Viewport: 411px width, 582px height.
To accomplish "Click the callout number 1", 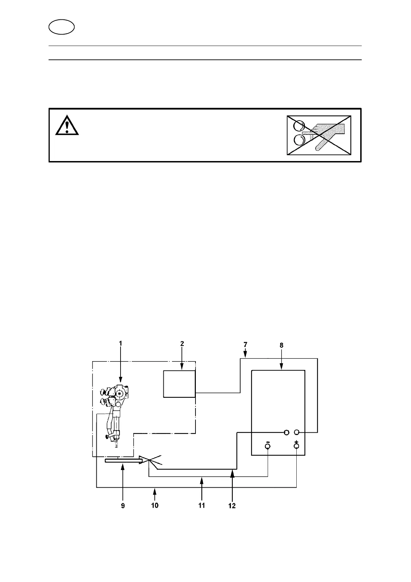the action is [121, 344].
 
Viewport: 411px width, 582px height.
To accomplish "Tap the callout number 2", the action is [182, 344].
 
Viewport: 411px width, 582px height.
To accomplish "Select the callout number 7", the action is [245, 345].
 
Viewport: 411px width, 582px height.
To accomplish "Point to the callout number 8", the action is [281, 345].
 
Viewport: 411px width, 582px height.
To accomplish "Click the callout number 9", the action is [123, 506].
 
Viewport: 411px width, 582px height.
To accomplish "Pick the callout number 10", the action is [155, 505].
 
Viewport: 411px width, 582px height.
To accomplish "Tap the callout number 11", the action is [202, 505].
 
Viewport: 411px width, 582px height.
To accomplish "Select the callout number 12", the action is [232, 506].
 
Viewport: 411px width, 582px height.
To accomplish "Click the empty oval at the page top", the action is [61, 27].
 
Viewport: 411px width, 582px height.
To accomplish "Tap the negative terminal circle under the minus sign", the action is [268, 447].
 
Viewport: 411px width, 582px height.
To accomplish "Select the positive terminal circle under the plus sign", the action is [296, 447].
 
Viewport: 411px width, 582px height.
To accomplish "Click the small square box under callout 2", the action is [179, 384].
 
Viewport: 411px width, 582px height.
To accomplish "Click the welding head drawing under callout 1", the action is [115, 411].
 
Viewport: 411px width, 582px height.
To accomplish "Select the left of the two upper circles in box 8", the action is [286, 432].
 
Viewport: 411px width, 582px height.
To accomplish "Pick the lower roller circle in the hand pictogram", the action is [299, 140].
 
